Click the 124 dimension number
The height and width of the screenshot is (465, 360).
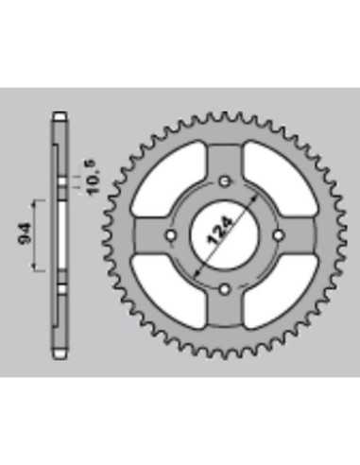(x=220, y=232)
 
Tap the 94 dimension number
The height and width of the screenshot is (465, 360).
(x=25, y=234)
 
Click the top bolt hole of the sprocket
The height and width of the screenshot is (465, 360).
(x=224, y=181)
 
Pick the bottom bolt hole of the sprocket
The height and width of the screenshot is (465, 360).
(x=224, y=289)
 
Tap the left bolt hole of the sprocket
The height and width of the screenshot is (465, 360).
(x=170, y=235)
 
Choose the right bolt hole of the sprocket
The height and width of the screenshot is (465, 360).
(x=278, y=235)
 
